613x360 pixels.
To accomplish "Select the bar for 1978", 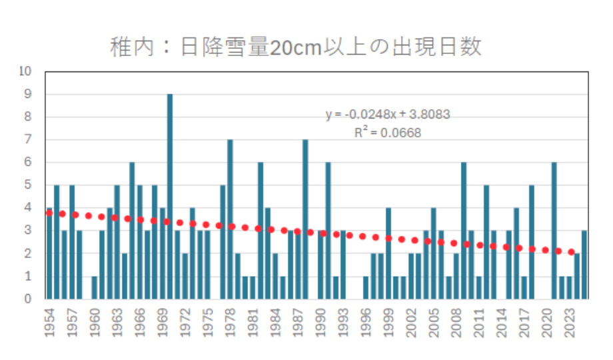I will (230, 219).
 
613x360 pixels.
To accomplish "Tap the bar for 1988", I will (305, 219).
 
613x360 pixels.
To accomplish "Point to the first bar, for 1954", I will (49, 253).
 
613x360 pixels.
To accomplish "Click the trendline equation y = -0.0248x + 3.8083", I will (388, 115).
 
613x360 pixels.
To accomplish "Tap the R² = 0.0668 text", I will (388, 133).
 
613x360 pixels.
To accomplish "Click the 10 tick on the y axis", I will (26, 71).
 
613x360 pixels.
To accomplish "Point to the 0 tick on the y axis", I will (29, 299).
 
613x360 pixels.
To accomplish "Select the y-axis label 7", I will (29, 139).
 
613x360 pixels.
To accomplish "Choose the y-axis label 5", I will (29, 185).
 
